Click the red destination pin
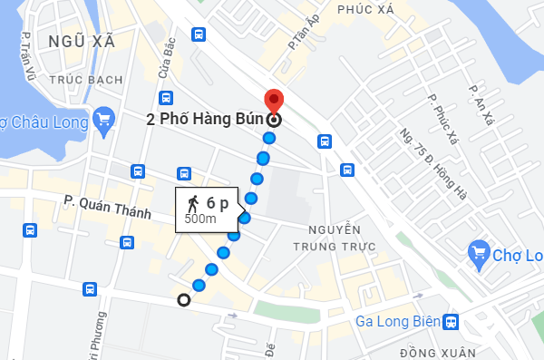click(273, 101)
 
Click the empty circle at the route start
click(184, 300)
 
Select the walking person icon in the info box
click(192, 203)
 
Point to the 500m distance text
click(200, 219)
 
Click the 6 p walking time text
click(217, 203)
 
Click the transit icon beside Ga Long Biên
click(452, 322)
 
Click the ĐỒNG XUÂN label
click(413, 351)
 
